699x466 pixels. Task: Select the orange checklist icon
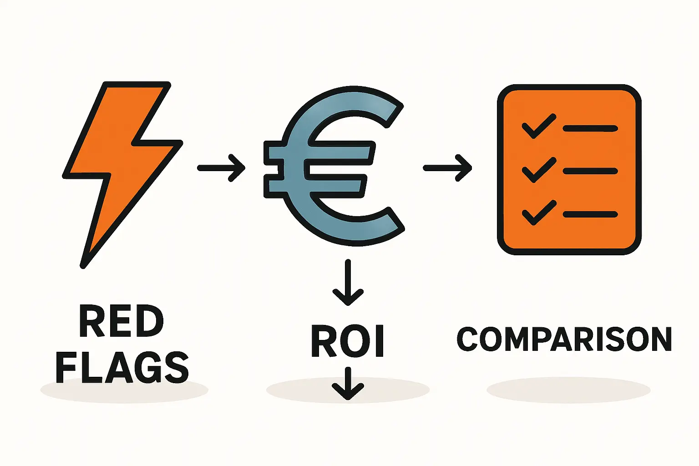[569, 169]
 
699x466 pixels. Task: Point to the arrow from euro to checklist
[447, 168]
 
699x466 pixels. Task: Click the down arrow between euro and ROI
[348, 282]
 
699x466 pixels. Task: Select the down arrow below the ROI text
[348, 383]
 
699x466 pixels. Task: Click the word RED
[121, 322]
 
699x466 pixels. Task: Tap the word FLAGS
[122, 367]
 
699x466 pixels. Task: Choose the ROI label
[348, 341]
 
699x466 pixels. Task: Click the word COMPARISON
[564, 339]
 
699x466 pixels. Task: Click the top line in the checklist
[590, 128]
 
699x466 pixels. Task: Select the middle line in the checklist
[590, 172]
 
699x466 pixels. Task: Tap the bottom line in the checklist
[590, 214]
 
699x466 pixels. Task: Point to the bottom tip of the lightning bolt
[83, 265]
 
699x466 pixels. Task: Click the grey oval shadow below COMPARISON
[568, 390]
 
